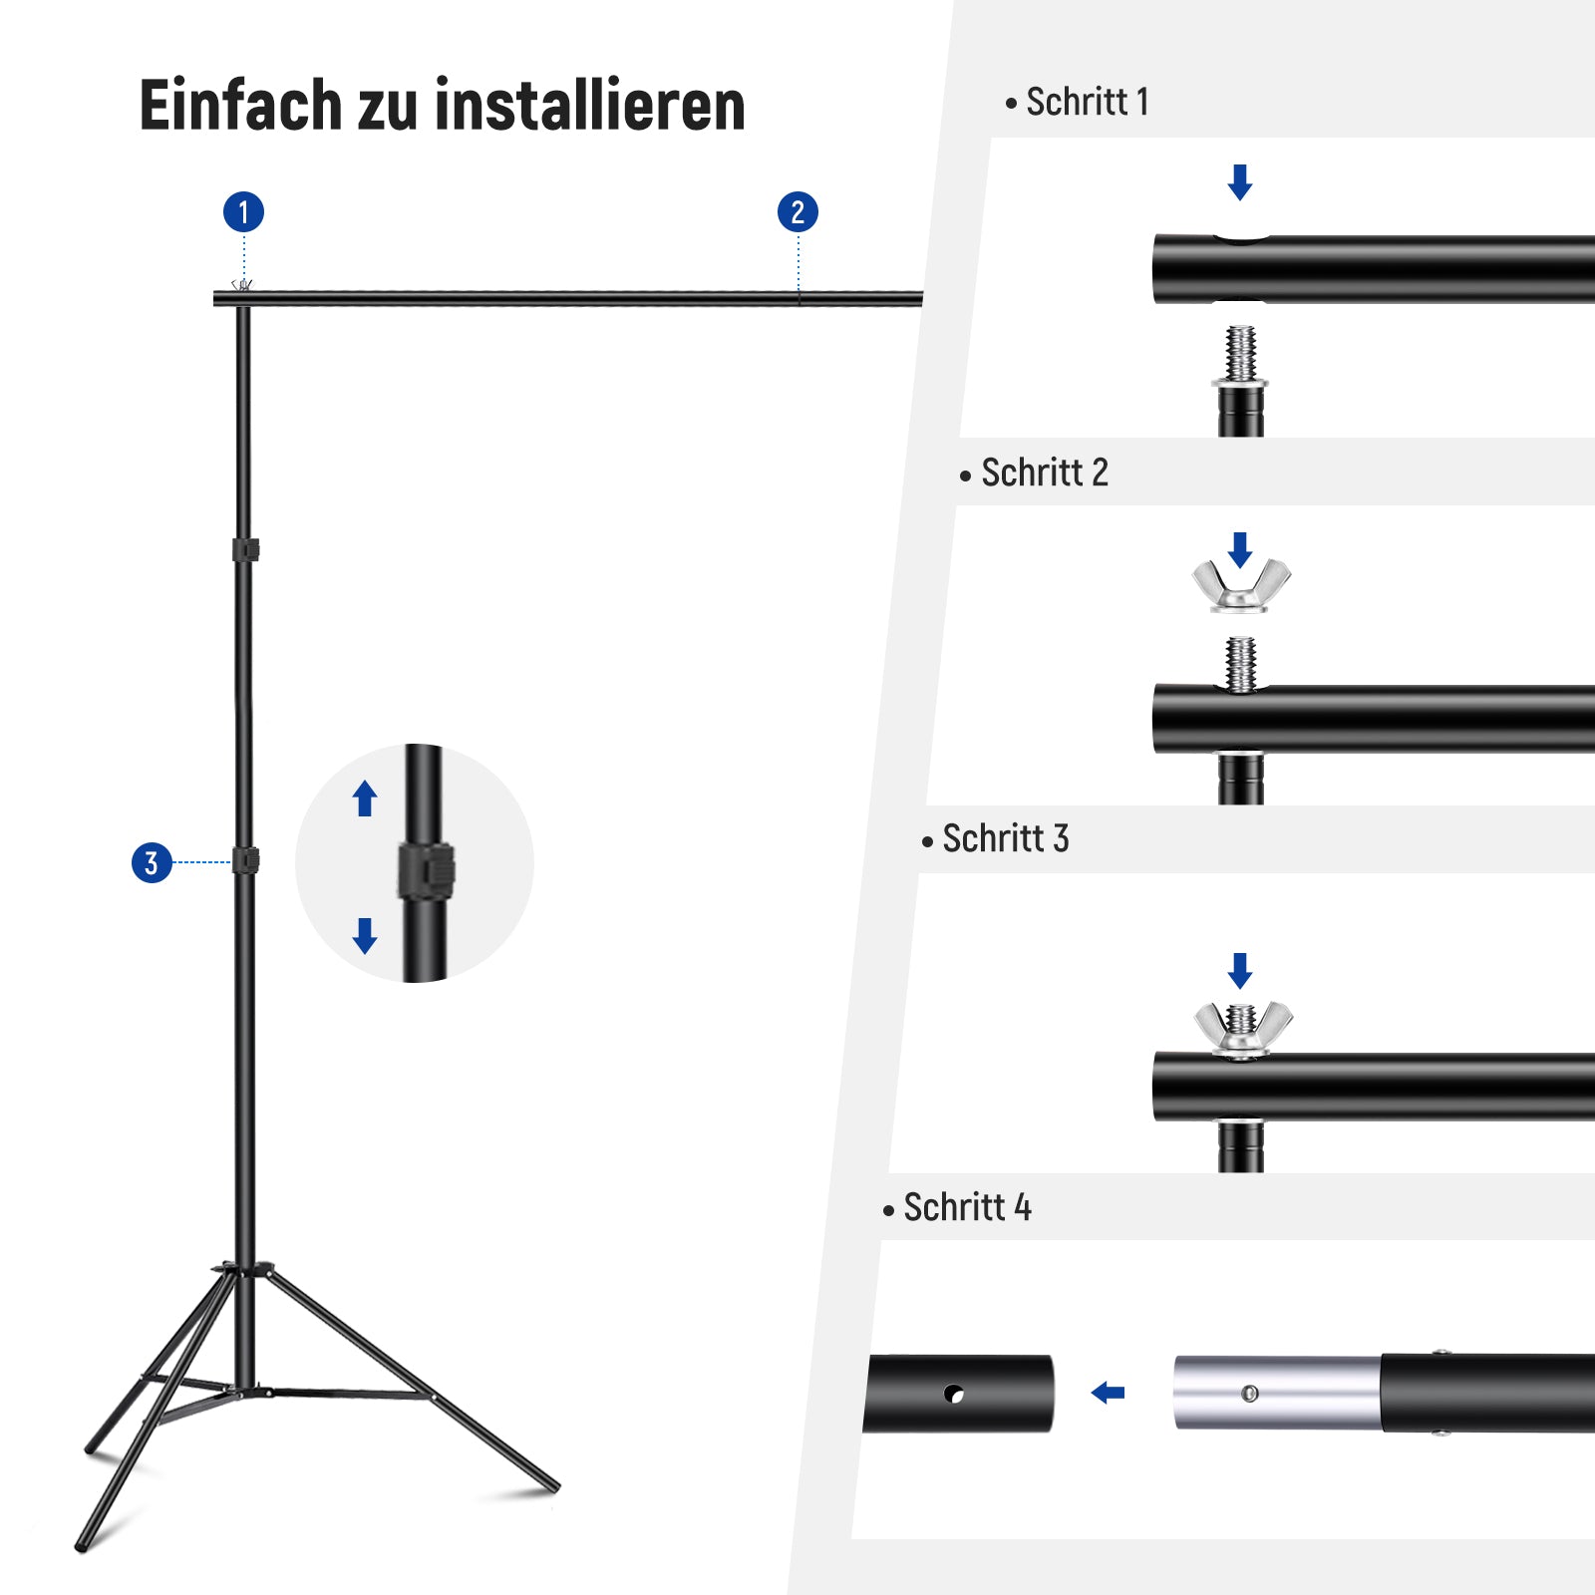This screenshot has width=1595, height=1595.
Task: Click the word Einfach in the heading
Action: [x=240, y=105]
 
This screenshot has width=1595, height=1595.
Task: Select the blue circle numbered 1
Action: [x=243, y=212]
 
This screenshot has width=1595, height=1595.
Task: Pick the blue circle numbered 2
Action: [x=797, y=212]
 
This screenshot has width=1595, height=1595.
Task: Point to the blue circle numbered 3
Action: [x=152, y=862]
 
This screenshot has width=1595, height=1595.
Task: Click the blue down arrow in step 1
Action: [x=1240, y=182]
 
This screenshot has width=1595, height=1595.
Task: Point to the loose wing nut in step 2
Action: [x=1241, y=585]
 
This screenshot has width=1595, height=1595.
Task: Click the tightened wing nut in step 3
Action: [x=1243, y=1028]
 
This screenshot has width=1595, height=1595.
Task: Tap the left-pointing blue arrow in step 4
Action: [x=1108, y=1393]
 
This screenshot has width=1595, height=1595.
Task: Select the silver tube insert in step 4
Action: [x=1278, y=1393]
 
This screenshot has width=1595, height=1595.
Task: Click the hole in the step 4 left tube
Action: [x=954, y=1394]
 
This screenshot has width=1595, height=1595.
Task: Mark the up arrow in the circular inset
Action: [x=365, y=798]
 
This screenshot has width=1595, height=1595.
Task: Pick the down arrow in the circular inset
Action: [x=365, y=936]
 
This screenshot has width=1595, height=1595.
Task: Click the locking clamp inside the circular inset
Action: [x=427, y=870]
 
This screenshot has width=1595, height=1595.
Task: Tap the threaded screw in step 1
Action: [x=1240, y=354]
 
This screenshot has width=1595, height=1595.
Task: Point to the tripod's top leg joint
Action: [x=243, y=1269]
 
